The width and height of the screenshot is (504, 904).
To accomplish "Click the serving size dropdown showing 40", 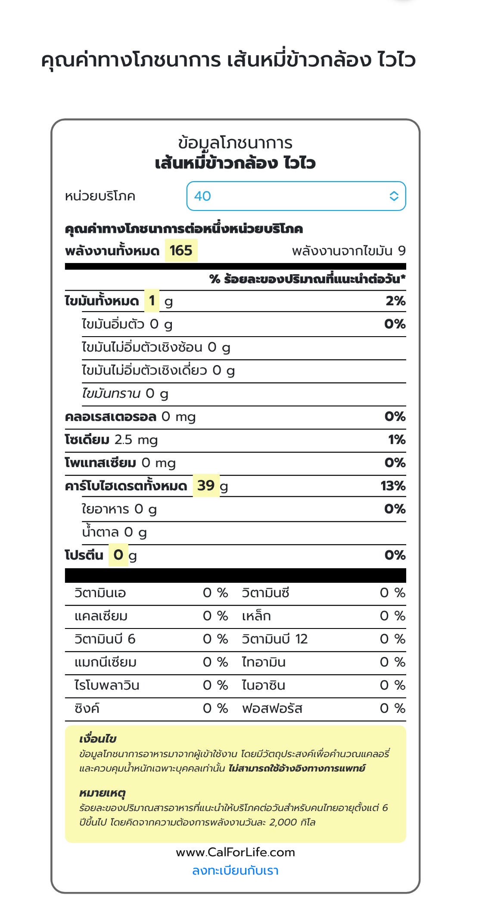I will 296,196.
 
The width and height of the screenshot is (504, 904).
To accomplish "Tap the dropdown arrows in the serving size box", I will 394,196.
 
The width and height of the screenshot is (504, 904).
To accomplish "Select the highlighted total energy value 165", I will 181,251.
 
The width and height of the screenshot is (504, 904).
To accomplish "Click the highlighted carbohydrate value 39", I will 206,486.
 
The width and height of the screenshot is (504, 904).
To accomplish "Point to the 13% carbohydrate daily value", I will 393,486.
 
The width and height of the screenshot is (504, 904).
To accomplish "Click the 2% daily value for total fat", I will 395,301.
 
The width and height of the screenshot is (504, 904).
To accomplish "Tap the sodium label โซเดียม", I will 87,440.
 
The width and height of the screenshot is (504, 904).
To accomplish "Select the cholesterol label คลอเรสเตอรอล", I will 110,417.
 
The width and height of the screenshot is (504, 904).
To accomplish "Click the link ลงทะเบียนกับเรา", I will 235,870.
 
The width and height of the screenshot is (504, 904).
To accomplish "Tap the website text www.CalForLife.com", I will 235,852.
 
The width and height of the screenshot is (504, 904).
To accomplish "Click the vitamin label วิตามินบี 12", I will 275,639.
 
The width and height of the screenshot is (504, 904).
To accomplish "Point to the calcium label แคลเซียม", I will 101,616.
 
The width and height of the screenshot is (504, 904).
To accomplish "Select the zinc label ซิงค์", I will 87,708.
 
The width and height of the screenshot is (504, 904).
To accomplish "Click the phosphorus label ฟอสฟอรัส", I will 272,708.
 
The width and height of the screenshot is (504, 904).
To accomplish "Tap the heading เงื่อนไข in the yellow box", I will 98,739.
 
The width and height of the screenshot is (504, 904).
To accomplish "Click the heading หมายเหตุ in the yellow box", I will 102,793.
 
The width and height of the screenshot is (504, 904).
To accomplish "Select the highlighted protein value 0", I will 118,555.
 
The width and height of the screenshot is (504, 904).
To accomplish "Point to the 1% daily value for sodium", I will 397,440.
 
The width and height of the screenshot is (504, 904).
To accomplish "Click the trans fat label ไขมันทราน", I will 111,393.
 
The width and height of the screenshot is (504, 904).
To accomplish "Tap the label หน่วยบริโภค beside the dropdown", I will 100,196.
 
